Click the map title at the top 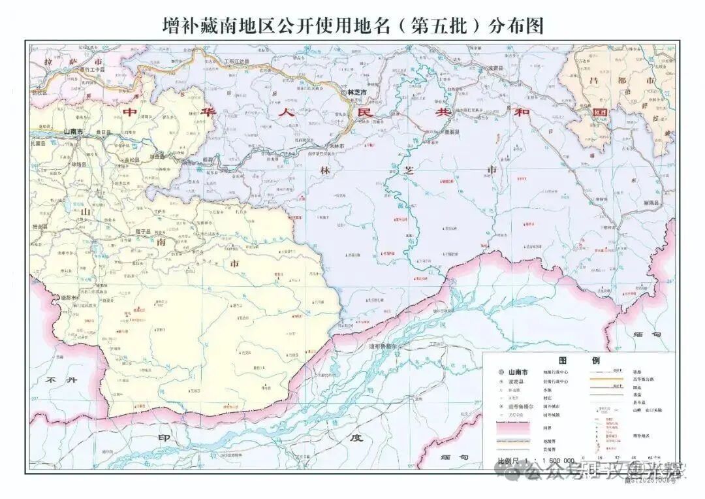pyautogui.click(x=352, y=25)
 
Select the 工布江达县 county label pyautogui.click(x=237, y=61)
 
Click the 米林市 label pyautogui.click(x=336, y=145)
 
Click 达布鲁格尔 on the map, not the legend pyautogui.click(x=386, y=346)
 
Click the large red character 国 pyautogui.click(x=599, y=112)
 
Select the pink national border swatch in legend pyautogui.click(x=513, y=428)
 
